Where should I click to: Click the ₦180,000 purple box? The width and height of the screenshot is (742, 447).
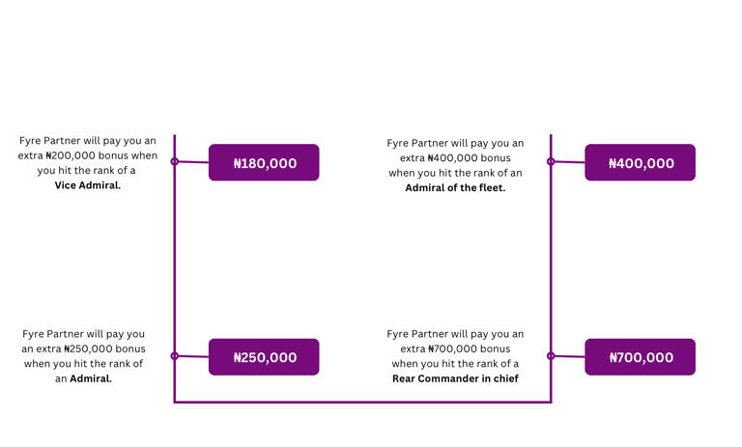(264, 163)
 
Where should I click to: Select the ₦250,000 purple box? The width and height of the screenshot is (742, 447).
(264, 357)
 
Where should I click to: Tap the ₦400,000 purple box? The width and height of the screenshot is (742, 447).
(640, 163)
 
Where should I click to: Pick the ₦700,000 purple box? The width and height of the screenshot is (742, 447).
(640, 357)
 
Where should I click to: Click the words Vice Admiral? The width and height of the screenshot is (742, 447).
(88, 185)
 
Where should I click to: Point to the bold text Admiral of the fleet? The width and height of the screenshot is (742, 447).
(455, 188)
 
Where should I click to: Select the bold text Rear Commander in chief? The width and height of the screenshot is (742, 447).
(455, 378)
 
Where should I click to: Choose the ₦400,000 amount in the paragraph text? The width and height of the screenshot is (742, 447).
(454, 158)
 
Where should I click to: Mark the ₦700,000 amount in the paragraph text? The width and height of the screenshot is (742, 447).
(454, 349)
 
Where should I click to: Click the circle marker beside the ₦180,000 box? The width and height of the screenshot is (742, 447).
(175, 161)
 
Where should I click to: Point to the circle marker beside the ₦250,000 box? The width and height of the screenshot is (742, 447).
(175, 355)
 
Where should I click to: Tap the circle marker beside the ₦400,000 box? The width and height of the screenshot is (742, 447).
(551, 161)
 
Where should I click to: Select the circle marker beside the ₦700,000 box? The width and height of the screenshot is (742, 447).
(551, 355)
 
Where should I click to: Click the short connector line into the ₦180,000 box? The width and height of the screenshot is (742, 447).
(193, 162)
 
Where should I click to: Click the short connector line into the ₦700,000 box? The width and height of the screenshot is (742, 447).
(569, 356)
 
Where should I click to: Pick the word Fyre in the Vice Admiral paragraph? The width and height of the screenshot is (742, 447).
(32, 141)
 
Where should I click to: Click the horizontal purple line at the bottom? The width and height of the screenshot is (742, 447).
(362, 402)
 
